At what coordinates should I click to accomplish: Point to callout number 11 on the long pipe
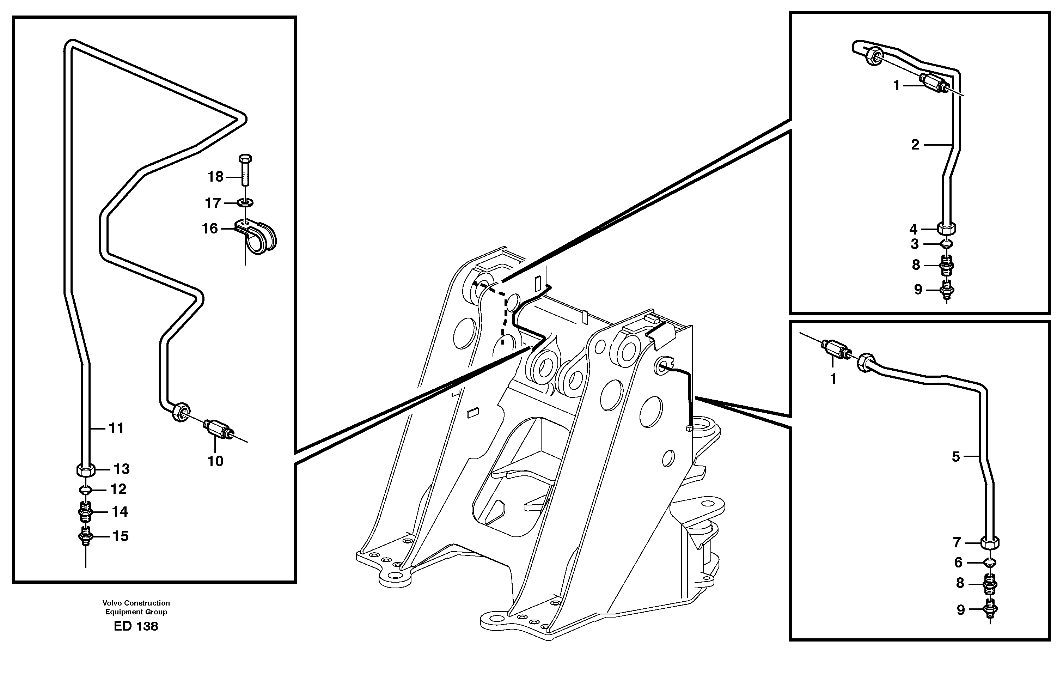click(116, 428)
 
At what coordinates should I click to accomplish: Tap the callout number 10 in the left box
click(215, 461)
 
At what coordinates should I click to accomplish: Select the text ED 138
click(136, 626)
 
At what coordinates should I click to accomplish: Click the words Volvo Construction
click(136, 603)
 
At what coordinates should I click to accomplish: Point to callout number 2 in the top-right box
click(915, 145)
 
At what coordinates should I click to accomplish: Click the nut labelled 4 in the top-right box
click(947, 229)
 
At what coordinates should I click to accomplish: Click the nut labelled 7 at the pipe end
click(990, 543)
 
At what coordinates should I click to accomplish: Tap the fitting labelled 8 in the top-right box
click(947, 265)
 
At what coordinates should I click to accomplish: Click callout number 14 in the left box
click(120, 511)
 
